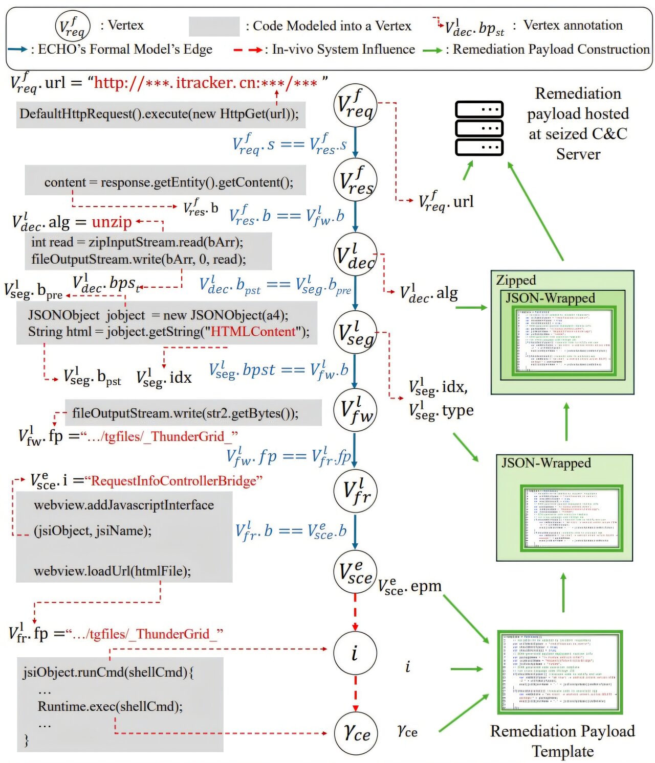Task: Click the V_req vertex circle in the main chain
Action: [x=355, y=105]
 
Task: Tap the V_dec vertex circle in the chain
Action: [x=355, y=255]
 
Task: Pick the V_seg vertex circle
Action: [x=355, y=332]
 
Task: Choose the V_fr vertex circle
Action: [x=355, y=491]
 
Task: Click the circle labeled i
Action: [x=355, y=653]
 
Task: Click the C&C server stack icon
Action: [x=479, y=128]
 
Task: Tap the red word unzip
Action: [x=112, y=222]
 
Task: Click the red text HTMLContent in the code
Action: [x=253, y=332]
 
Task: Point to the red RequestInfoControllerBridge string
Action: [x=174, y=481]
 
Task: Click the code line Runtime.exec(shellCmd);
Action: [x=110, y=706]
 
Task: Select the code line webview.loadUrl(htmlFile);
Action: [x=113, y=571]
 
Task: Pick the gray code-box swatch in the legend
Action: [x=214, y=26]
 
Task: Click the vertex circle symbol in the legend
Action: [x=73, y=26]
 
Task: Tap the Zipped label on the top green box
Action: [x=516, y=280]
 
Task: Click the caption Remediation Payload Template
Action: [x=562, y=741]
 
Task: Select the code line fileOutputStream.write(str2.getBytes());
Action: [x=185, y=413]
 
